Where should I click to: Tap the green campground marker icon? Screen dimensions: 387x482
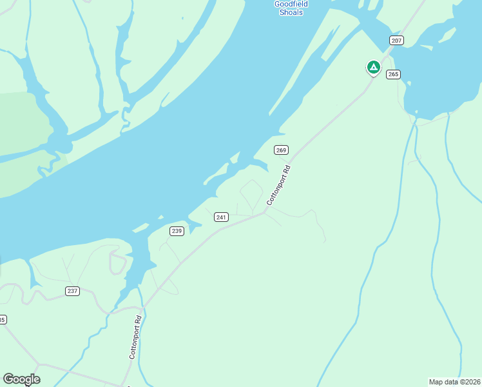click(x=373, y=67)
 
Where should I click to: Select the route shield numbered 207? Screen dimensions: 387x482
click(x=396, y=41)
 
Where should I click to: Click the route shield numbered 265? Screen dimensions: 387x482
click(x=393, y=74)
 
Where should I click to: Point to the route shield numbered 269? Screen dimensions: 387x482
click(x=280, y=150)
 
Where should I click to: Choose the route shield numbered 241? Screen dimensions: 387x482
click(x=221, y=217)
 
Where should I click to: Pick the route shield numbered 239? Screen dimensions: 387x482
click(x=177, y=231)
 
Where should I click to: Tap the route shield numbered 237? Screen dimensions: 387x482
click(x=72, y=291)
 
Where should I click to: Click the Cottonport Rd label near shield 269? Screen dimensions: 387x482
click(x=279, y=185)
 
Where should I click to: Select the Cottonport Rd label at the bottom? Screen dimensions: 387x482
click(x=135, y=337)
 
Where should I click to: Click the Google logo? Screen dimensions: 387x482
click(x=21, y=379)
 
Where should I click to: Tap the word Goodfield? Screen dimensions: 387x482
click(x=291, y=3)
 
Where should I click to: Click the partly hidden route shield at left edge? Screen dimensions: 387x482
click(x=2, y=319)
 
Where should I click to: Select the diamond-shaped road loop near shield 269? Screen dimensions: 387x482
click(x=251, y=193)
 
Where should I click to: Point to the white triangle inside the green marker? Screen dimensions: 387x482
click(x=373, y=66)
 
